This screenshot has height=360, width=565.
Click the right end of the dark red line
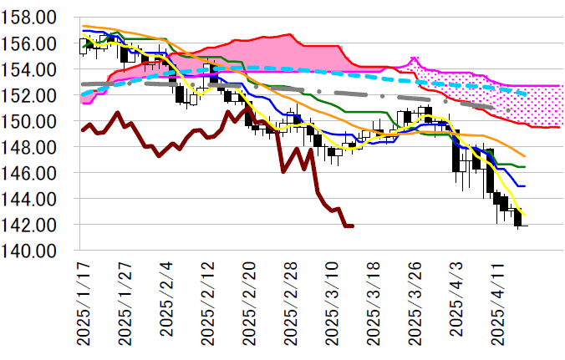(353, 226)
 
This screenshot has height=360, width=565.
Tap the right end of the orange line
(524, 156)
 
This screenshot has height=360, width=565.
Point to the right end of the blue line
(524, 185)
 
